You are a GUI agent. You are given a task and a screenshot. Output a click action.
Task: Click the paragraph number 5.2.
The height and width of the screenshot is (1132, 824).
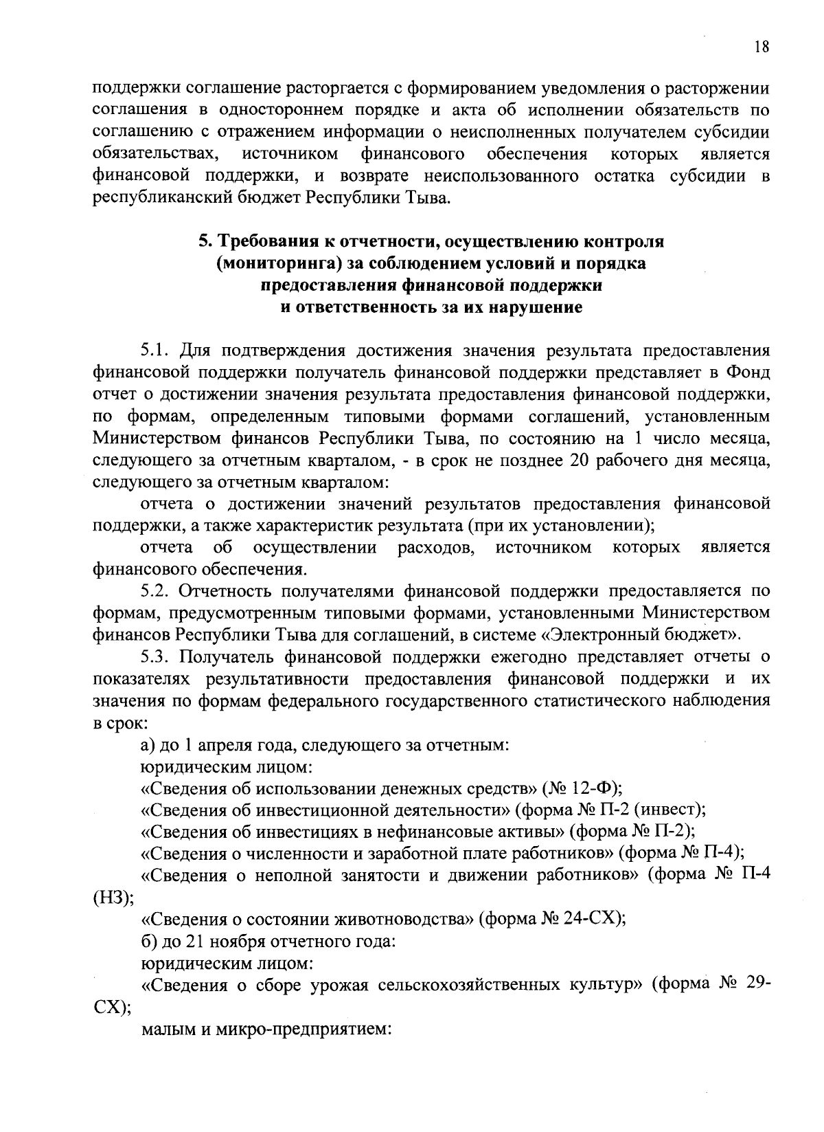[x=154, y=590]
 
